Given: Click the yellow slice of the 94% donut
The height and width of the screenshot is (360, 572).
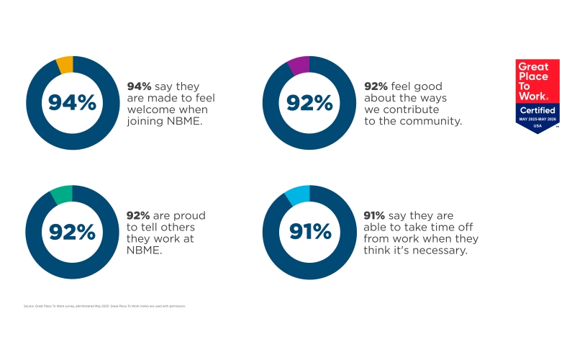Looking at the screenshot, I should click(65, 65).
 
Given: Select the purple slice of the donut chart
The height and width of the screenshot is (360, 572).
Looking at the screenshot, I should click(299, 65).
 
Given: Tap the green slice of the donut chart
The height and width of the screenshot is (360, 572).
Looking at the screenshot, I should click(63, 194).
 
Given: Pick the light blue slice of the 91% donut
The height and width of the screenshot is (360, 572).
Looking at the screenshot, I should click(298, 194).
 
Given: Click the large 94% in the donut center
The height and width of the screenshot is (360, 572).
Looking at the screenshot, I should click(72, 102).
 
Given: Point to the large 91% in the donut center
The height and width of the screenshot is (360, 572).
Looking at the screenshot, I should click(310, 232).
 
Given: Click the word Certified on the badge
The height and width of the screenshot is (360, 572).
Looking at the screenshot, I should click(537, 109).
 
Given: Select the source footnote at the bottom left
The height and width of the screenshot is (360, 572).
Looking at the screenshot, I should click(105, 306).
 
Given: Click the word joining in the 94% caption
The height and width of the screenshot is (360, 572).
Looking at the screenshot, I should click(145, 121).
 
